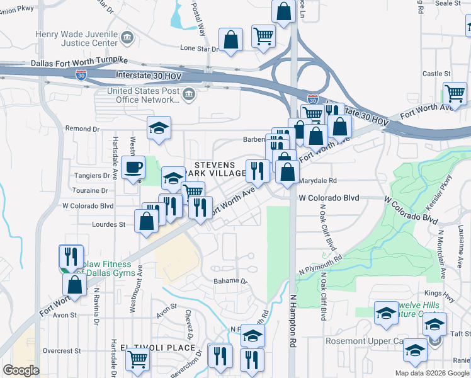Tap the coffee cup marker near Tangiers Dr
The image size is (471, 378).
tap(133, 168)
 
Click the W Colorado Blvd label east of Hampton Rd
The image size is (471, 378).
tap(329, 198)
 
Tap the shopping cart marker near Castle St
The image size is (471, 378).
tap(454, 94)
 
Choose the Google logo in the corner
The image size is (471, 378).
tap(21, 370)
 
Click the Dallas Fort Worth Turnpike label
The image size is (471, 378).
tap(79, 62)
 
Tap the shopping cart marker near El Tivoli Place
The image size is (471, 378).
tap(137, 359)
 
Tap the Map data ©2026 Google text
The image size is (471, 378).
tap(432, 373)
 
